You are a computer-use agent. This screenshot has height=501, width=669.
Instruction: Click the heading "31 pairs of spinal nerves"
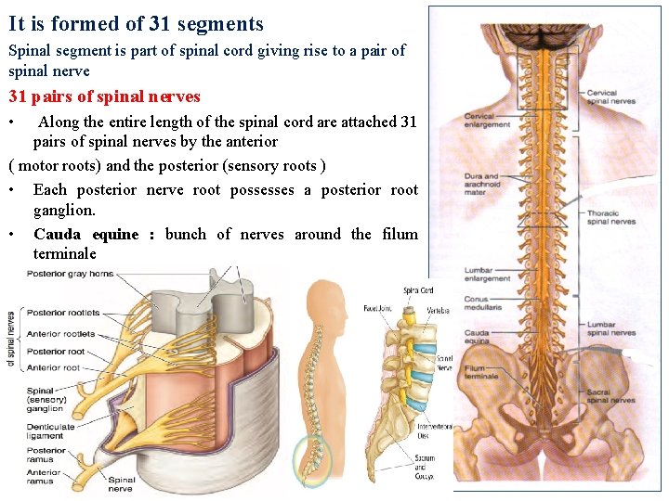(104, 96)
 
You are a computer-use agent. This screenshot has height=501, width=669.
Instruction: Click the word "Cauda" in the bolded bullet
(58, 235)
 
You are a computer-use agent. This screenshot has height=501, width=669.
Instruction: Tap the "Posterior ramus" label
(46, 455)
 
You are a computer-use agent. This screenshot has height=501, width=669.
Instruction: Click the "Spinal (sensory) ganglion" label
(46, 400)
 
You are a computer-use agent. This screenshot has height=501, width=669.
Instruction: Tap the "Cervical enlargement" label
(487, 121)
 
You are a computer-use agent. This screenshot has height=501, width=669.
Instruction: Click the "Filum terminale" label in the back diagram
(481, 372)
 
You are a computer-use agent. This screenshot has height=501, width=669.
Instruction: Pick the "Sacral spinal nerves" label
(610, 396)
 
